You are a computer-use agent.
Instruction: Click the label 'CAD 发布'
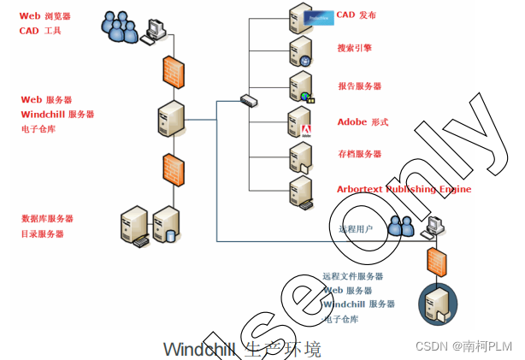356,15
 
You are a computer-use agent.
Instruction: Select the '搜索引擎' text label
354,49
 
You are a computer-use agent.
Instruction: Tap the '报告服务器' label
359,86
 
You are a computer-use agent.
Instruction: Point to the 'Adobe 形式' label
363,122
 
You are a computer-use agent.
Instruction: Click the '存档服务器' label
359,155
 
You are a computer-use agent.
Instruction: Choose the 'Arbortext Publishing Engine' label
404,189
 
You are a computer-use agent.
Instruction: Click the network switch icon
248,101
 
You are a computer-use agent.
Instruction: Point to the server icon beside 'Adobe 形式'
301,123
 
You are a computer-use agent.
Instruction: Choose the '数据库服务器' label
47,219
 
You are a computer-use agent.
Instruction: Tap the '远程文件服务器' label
352,276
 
